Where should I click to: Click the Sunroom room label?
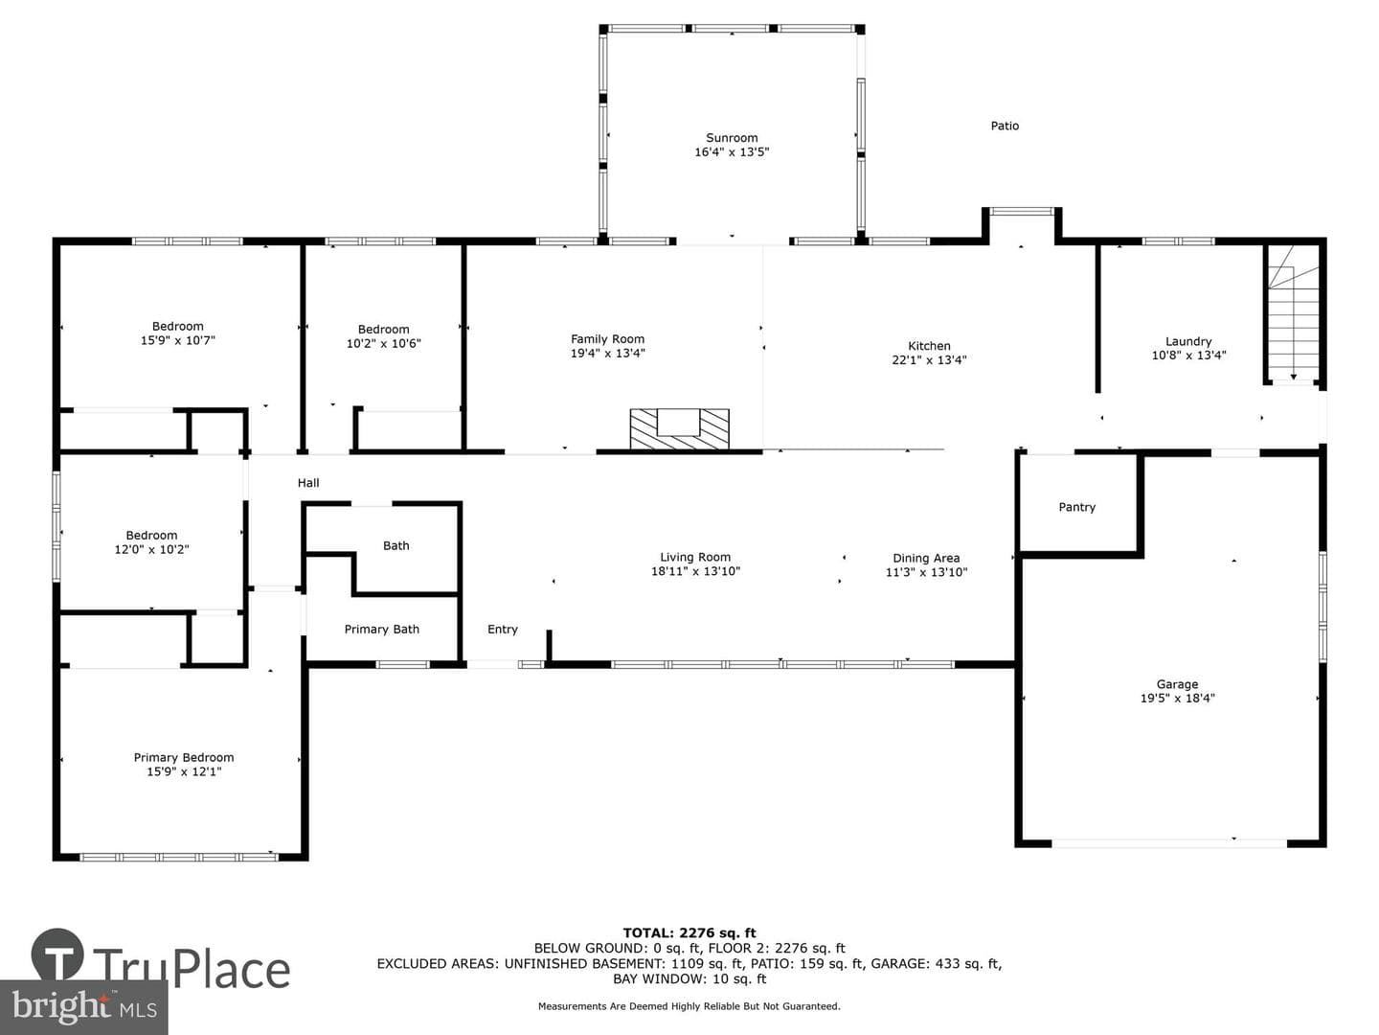tap(732, 138)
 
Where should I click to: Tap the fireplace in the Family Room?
tap(679, 428)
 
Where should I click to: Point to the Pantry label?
tap(1076, 507)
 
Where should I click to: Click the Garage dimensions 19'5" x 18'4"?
tap(1177, 699)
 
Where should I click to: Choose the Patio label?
tap(1005, 126)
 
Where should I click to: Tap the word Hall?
tap(307, 483)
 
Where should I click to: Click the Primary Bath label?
tap(381, 629)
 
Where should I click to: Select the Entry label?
tap(503, 629)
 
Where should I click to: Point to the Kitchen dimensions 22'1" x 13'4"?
tap(929, 360)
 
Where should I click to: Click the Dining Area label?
tap(926, 558)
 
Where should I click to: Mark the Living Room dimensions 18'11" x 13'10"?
tap(695, 571)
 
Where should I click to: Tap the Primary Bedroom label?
tap(184, 758)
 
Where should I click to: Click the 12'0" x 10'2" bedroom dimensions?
tap(151, 549)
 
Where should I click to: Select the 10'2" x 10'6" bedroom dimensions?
tap(383, 343)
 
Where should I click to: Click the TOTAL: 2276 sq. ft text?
tap(689, 933)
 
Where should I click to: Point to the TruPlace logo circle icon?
tap(57, 954)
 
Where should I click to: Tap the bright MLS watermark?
tap(84, 1006)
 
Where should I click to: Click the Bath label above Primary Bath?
tap(396, 545)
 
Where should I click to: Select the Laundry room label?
tap(1188, 341)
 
